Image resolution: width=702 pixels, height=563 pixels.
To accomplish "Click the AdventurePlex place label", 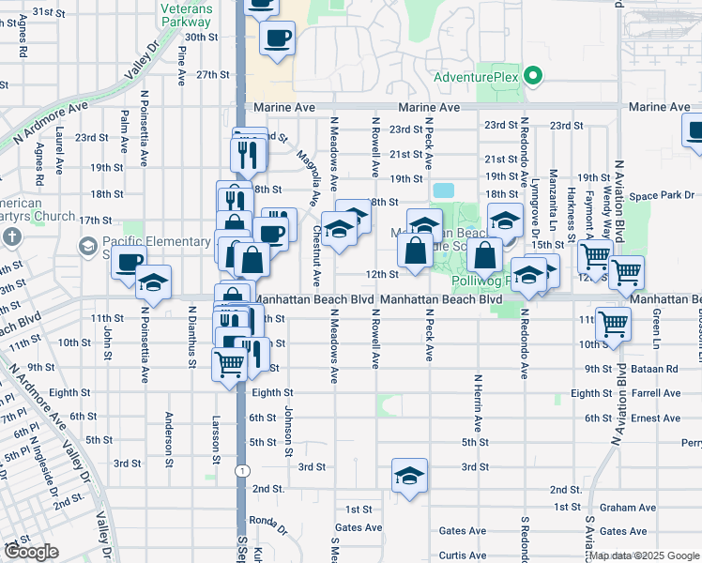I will coord(476,76).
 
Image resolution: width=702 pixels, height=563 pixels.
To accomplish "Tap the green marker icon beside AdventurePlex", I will coord(534,75).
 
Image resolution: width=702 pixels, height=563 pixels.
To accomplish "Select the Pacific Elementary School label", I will coord(145,247).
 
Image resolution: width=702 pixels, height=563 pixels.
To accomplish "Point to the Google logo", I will coord(31,552).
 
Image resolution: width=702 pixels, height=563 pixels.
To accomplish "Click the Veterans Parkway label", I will coord(187,14).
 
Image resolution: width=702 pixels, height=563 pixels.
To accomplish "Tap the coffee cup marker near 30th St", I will coord(277,38).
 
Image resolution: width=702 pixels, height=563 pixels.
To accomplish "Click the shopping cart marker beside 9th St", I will coord(228,363).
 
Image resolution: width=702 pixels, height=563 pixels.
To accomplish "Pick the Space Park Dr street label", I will coord(664,196).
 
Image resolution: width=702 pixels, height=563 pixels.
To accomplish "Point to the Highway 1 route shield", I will coord(242,469).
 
